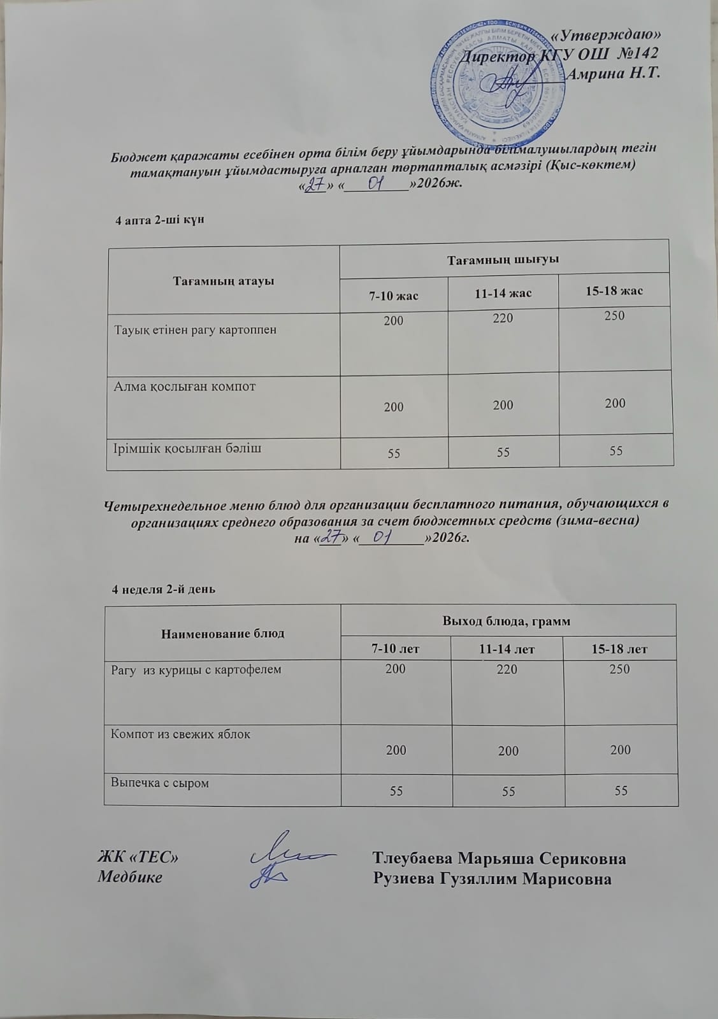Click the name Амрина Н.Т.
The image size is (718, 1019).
click(612, 73)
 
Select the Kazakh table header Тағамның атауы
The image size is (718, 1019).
click(224, 281)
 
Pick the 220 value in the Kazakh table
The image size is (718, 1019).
click(503, 318)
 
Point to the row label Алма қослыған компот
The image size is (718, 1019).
click(184, 386)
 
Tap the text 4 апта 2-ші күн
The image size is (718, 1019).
click(159, 220)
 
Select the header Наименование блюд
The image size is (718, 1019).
click(223, 634)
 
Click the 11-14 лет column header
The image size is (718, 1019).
click(506, 649)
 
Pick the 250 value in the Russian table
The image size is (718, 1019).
click(619, 669)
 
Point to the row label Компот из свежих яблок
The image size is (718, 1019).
click(180, 734)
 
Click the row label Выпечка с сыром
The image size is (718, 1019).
click(160, 782)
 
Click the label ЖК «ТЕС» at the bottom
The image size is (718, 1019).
click(137, 859)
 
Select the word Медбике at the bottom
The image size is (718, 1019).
click(129, 878)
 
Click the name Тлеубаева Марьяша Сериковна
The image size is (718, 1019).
click(499, 859)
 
